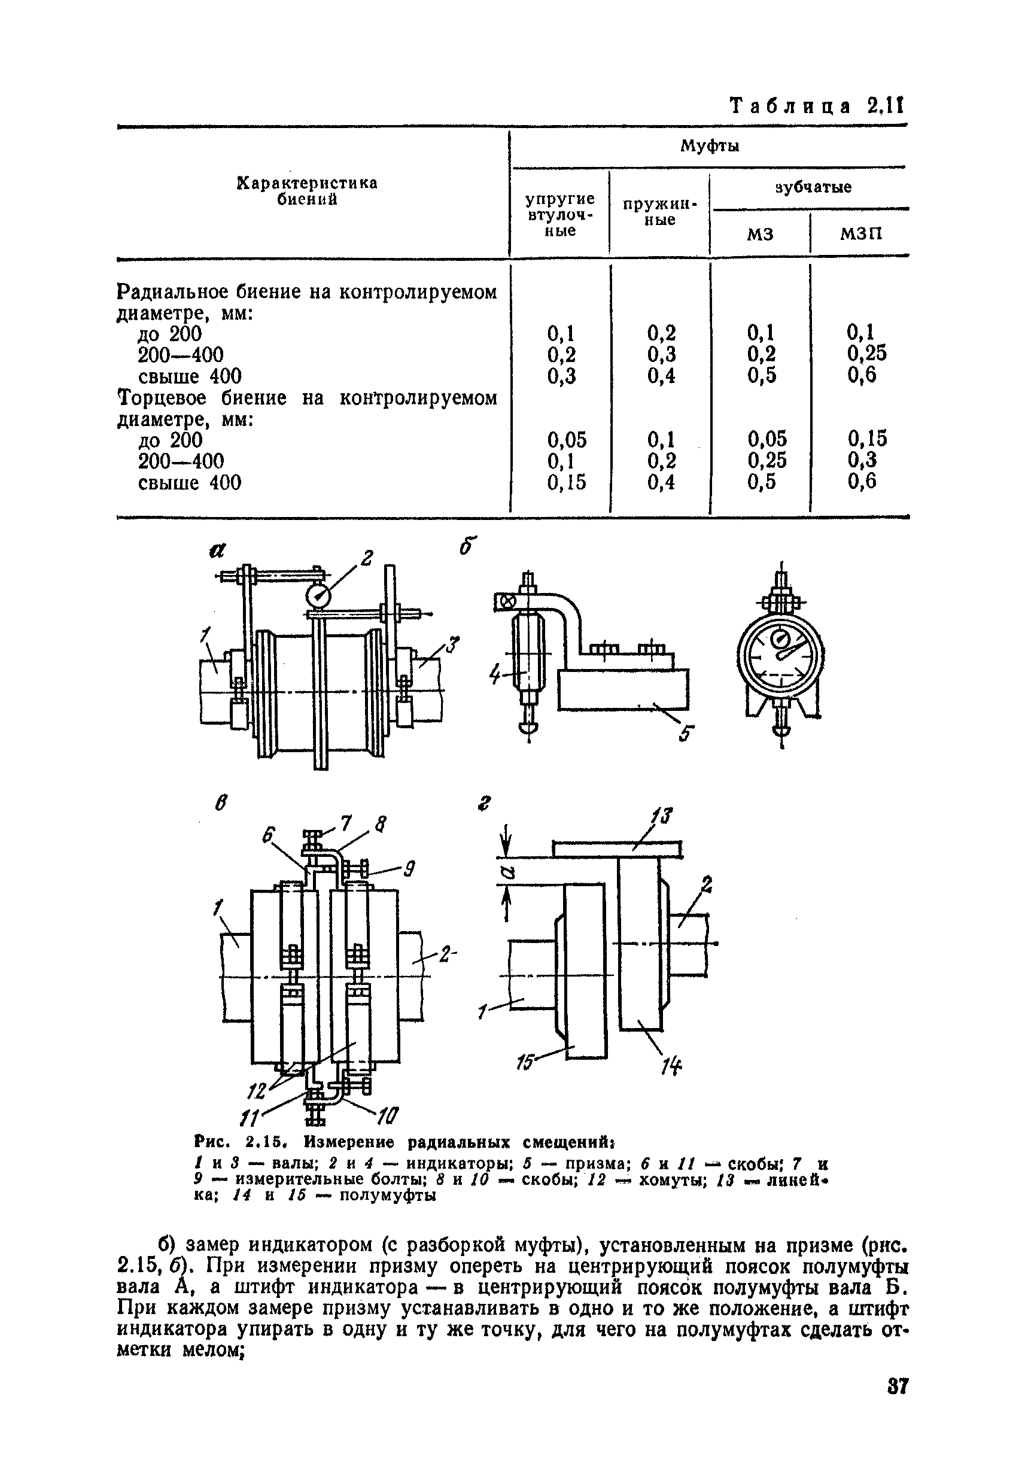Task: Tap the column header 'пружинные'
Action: pyautogui.click(x=659, y=211)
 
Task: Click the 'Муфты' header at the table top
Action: pyautogui.click(x=710, y=147)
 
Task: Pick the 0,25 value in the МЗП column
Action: pyautogui.click(x=866, y=352)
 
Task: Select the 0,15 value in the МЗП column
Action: pyautogui.click(x=867, y=439)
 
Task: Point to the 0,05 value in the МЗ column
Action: pyautogui.click(x=766, y=439)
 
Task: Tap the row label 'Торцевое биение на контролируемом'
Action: pyautogui.click(x=308, y=398)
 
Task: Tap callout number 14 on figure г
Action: pyautogui.click(x=671, y=1066)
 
